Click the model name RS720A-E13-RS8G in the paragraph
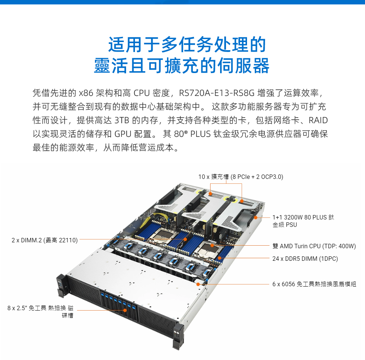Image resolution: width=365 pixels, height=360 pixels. coord(217,93)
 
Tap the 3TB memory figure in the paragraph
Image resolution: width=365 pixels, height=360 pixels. coord(122,120)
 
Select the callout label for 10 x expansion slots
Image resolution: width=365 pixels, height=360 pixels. coord(241,177)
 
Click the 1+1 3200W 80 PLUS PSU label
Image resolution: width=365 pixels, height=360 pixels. coord(303,221)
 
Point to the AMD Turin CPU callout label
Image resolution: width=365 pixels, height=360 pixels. coord(314,246)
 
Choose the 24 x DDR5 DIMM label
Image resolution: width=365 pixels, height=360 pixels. coord(305,259)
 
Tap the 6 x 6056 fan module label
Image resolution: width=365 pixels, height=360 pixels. coord(314,284)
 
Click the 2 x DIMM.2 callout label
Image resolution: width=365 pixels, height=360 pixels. coord(45,240)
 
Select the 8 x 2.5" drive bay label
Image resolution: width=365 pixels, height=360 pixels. coord(41,312)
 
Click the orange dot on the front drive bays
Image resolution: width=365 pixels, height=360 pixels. coord(125,310)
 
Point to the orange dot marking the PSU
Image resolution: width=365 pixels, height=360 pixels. coord(255,218)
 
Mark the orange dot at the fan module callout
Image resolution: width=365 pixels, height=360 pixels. coord(198,284)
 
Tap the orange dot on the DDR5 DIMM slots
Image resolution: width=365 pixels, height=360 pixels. coord(219,258)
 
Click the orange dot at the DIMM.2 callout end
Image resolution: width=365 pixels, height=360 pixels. coord(185,239)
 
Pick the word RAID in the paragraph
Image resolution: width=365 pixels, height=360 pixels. coord(318,120)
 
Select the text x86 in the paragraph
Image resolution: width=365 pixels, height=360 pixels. coord(86,93)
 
